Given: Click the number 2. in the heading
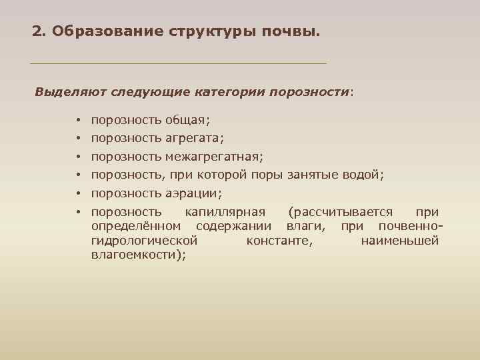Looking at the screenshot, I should point(39,31).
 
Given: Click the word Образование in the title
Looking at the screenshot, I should point(95,31).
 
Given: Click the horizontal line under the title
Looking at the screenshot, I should point(179,63).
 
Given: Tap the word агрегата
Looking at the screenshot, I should point(195,139).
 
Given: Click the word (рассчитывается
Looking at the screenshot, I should point(341,212).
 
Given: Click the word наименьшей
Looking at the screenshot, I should point(400,240).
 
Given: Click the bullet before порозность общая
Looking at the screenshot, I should point(78,121).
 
